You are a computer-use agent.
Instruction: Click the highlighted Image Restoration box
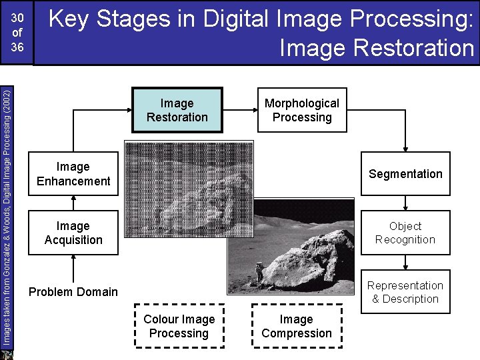(177, 111)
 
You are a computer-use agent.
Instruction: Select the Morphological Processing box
(301, 111)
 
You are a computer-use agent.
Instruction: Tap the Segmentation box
(405, 174)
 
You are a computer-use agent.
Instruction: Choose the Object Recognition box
(405, 233)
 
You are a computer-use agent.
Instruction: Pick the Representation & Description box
(405, 292)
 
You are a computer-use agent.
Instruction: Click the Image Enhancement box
(73, 174)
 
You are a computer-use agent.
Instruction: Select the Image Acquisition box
(73, 233)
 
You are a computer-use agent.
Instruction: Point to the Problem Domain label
(73, 292)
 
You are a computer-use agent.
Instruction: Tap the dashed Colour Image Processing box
(179, 327)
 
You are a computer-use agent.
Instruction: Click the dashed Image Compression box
(297, 327)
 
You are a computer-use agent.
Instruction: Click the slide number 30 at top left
(18, 18)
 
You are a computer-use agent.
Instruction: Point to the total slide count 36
(18, 47)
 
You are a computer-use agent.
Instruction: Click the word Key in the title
(71, 19)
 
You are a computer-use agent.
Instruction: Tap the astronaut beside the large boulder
(259, 272)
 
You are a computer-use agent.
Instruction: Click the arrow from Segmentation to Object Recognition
(405, 204)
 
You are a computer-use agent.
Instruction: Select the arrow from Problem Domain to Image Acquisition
(73, 268)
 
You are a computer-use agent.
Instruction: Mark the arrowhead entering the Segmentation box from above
(405, 149)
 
